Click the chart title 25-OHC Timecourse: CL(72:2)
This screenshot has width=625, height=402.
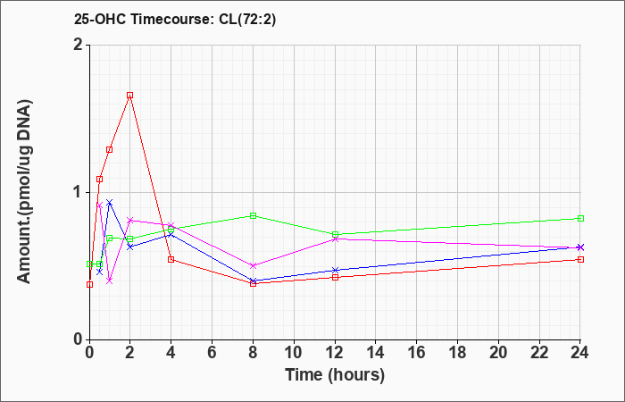tap(175, 19)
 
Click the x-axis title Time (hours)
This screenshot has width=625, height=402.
tap(335, 375)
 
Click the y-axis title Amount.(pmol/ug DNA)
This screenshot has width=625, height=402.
tap(25, 192)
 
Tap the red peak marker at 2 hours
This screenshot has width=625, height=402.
tap(130, 96)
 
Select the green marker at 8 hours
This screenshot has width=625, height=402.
tap(253, 216)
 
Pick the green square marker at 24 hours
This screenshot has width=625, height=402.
tap(580, 218)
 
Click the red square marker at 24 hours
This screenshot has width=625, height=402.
tap(580, 260)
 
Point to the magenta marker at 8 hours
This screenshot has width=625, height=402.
tap(253, 265)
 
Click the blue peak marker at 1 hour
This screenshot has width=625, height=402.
tap(109, 202)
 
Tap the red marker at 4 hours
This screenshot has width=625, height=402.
tap(171, 260)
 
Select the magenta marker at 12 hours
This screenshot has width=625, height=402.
tap(335, 239)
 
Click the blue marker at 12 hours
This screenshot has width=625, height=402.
tap(335, 271)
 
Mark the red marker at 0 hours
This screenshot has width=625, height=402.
tap(89, 284)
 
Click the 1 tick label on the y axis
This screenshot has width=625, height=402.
tap(79, 192)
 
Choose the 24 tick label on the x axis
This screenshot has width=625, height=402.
tap(579, 353)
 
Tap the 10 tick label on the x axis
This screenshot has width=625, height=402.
tap(294, 353)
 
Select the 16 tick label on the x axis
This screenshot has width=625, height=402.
tap(416, 353)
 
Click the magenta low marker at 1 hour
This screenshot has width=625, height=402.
tap(109, 281)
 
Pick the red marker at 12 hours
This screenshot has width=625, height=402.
tap(335, 277)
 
